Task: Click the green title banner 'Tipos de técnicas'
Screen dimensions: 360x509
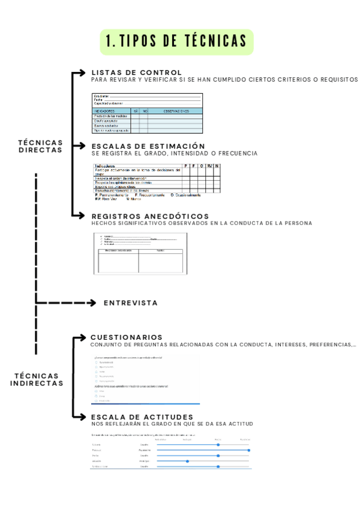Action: [x=177, y=41]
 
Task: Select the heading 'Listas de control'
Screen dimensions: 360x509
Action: [x=136, y=73]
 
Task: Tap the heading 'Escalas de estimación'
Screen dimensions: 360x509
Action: [x=148, y=146]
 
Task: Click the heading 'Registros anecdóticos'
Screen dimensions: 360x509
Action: [x=150, y=216]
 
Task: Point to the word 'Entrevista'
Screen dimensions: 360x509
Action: [x=131, y=303]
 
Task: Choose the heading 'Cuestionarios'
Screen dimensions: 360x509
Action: [x=127, y=337]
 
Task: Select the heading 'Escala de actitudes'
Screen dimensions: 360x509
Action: [x=142, y=417]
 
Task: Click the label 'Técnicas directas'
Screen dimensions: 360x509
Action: [x=40, y=146]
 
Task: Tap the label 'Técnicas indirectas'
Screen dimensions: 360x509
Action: [x=37, y=379]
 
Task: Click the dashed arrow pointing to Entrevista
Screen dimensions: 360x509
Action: [x=66, y=303]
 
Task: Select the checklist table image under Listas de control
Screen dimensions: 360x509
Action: [x=148, y=113]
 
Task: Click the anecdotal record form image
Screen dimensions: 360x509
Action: [x=140, y=253]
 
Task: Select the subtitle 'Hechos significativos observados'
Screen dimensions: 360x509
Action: [x=202, y=223]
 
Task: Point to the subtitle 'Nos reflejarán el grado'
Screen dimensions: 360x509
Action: [x=172, y=424]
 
